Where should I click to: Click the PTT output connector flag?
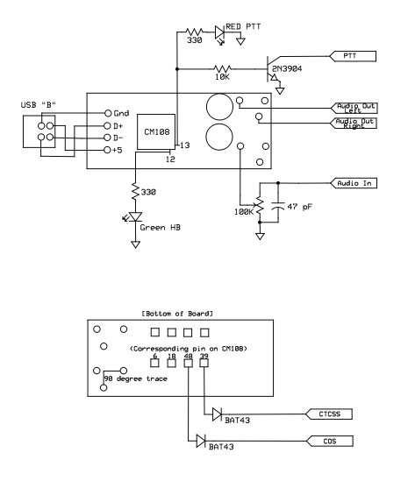(x=353, y=56)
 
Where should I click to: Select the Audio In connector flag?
(x=354, y=183)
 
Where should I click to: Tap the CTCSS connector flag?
(x=329, y=414)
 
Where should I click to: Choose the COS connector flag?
(x=330, y=441)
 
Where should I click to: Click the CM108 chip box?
(x=156, y=132)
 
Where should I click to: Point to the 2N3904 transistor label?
(x=287, y=68)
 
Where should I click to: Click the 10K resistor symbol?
(x=222, y=68)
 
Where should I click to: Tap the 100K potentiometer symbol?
(x=260, y=206)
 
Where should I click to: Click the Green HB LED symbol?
(x=135, y=216)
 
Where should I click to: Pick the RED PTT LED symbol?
(x=219, y=33)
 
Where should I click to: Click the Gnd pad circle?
(x=108, y=113)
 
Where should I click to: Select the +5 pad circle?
(x=107, y=150)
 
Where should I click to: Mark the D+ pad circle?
(x=107, y=126)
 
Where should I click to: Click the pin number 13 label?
(x=185, y=145)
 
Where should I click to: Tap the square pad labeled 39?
(x=204, y=363)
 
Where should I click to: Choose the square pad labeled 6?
(x=154, y=363)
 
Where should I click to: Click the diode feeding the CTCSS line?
(x=217, y=414)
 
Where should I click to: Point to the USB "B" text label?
(x=39, y=105)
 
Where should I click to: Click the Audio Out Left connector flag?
(x=354, y=108)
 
